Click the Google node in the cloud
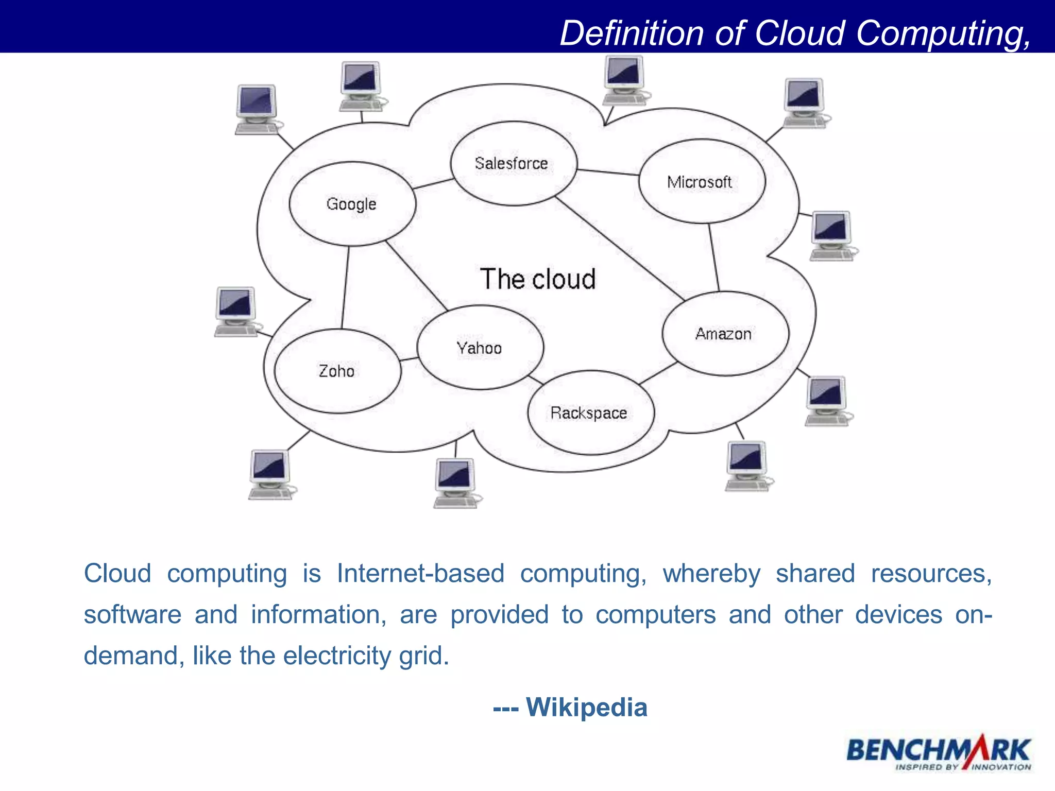tap(352, 204)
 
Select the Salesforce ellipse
tap(513, 164)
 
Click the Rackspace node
tap(590, 413)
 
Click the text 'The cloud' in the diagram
tap(538, 279)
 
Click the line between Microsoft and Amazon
tap(713, 257)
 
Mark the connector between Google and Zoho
tap(345, 287)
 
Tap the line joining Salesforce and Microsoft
tap(608, 172)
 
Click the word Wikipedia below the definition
tap(586, 707)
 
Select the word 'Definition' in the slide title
tap(632, 33)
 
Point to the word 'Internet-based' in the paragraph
tap(420, 574)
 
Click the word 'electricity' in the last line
tap(337, 656)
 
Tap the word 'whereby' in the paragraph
tap(711, 574)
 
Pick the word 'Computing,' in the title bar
tap(943, 33)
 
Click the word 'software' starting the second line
tap(132, 615)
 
